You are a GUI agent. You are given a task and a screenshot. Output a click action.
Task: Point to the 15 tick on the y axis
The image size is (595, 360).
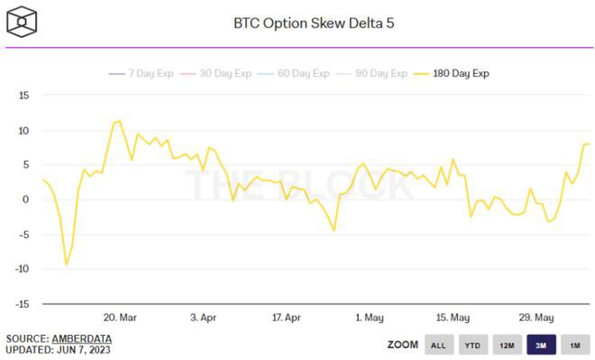[24, 95]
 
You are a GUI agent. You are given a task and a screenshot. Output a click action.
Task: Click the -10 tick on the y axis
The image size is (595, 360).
[22, 269]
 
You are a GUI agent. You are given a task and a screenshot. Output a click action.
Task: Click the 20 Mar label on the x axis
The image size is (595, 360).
[120, 318]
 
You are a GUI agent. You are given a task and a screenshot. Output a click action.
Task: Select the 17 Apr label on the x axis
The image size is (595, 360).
[286, 318]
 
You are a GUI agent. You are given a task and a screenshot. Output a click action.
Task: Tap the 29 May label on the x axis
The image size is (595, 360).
[535, 318]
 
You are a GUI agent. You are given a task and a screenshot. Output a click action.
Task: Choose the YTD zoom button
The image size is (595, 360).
[471, 345]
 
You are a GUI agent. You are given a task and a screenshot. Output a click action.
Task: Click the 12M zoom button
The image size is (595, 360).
[506, 345]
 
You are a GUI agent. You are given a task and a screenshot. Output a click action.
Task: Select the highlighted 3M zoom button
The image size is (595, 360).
[540, 345]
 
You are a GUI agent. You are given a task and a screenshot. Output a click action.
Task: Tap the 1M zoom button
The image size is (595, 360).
[574, 345]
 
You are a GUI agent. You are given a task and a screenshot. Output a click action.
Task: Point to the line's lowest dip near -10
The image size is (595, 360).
[66, 265]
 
